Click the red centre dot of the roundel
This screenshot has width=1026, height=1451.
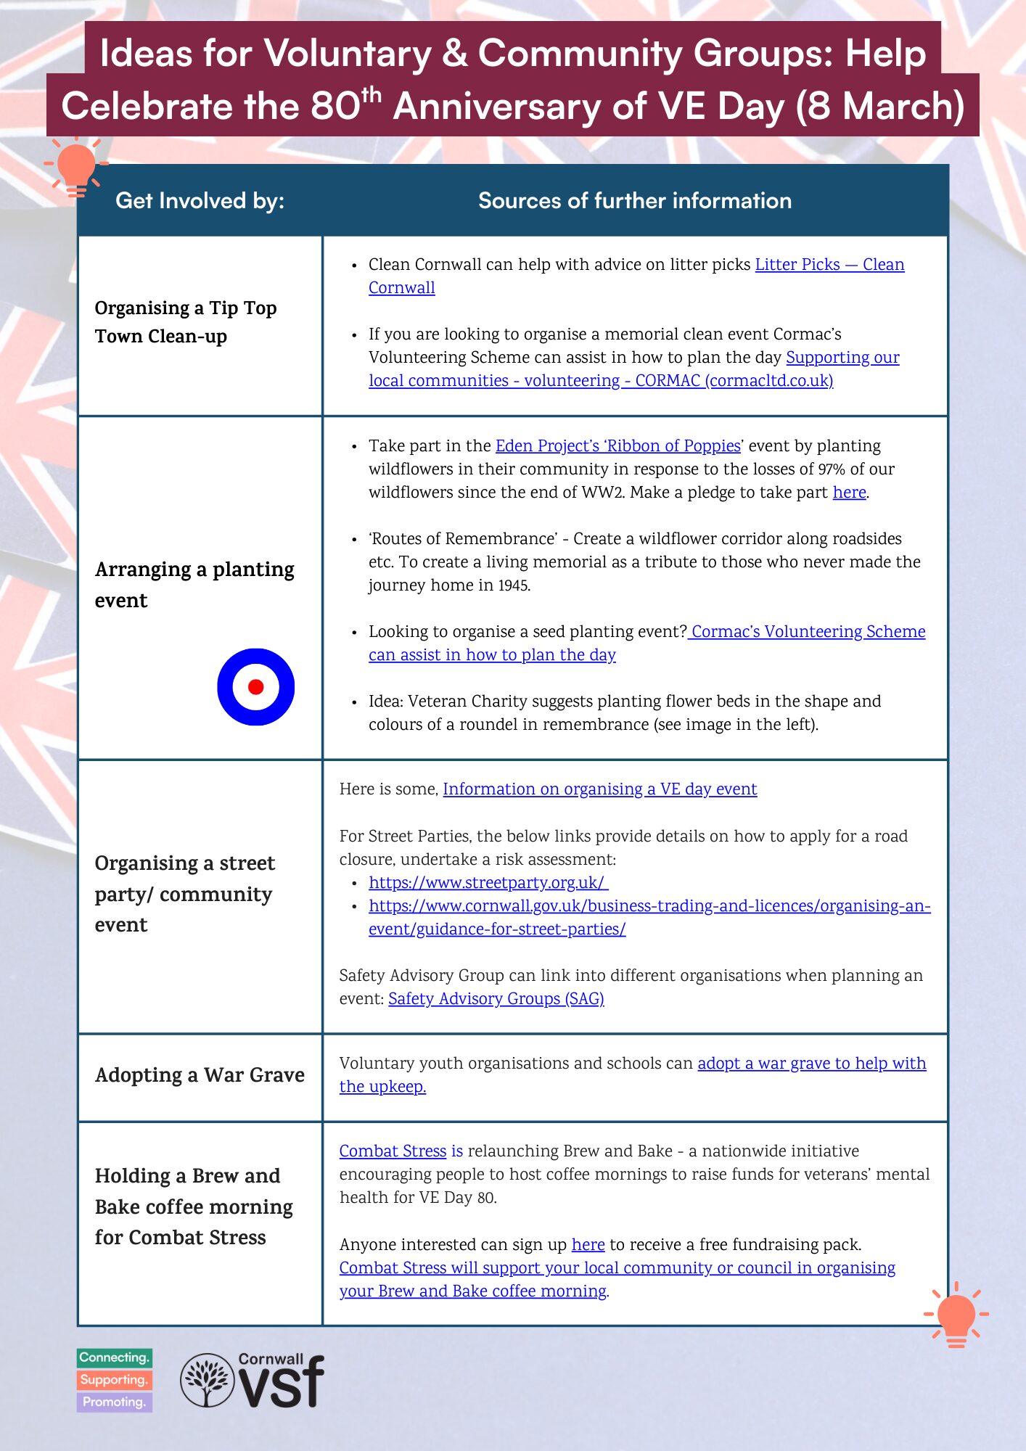click(255, 686)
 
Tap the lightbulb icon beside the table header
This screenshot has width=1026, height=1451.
click(75, 167)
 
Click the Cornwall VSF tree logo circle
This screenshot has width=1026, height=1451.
click(208, 1380)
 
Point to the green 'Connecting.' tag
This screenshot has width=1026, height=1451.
click(114, 1357)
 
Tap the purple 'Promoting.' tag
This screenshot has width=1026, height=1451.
click(114, 1402)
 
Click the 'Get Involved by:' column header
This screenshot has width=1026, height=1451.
click(200, 200)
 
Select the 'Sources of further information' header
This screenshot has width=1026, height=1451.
click(634, 200)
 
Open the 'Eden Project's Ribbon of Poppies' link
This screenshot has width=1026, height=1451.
click(617, 445)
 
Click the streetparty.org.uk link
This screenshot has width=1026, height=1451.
click(488, 882)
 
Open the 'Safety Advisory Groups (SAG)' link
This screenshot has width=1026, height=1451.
click(496, 998)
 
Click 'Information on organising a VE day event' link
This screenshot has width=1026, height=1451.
click(599, 789)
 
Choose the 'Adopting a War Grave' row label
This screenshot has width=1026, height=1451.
click(200, 1074)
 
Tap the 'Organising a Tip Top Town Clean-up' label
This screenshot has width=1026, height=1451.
click(186, 321)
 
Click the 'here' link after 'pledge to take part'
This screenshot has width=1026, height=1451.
click(849, 492)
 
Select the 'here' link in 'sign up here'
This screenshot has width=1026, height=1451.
click(588, 1244)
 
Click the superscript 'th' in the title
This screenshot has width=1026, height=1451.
click(371, 94)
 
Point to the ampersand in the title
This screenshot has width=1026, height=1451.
click(454, 54)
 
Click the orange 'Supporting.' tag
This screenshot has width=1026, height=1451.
click(114, 1380)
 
